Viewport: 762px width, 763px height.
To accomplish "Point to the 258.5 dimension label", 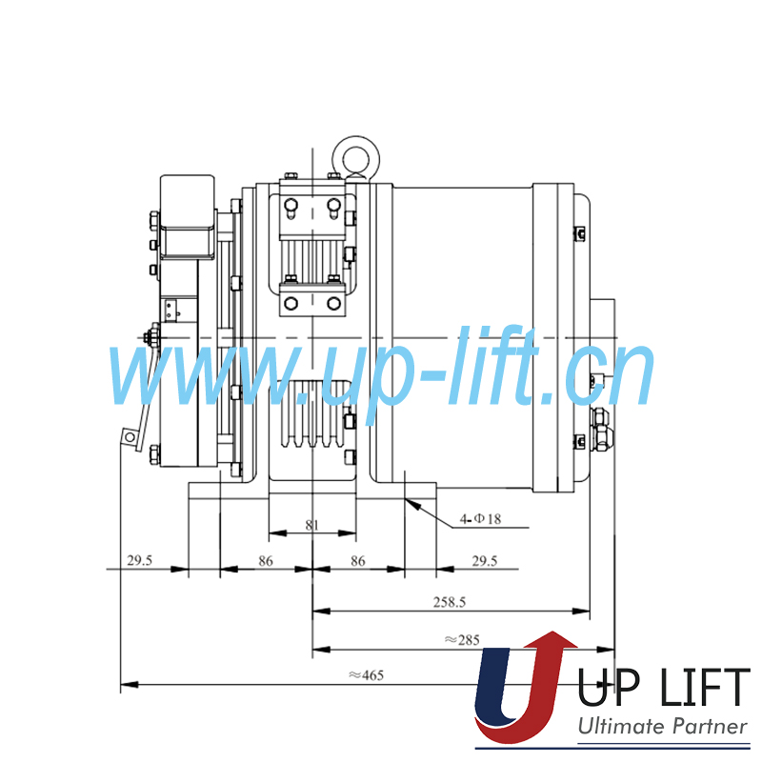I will (449, 603).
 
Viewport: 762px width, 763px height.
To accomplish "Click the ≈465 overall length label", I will (365, 675).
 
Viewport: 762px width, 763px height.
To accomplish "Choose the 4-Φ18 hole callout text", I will (481, 519).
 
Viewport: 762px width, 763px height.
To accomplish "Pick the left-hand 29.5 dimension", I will (139, 561).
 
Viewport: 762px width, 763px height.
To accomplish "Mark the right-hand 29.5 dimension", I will (484, 561).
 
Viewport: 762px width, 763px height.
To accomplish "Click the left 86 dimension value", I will (266, 561).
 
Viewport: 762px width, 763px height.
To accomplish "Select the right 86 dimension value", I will (357, 561).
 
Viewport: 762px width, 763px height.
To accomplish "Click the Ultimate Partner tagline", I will (663, 727).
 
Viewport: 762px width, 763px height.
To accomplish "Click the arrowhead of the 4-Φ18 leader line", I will (409, 501).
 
